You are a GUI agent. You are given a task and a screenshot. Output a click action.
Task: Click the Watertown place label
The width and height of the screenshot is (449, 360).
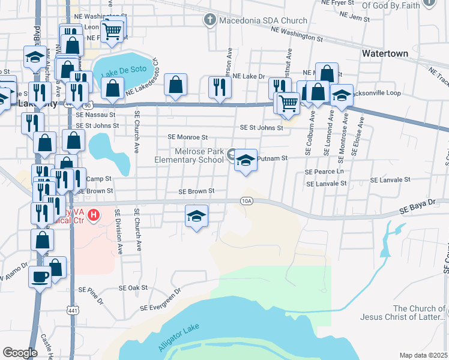tap(385, 53)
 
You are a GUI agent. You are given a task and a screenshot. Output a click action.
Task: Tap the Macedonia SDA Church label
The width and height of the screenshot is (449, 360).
tap(263, 20)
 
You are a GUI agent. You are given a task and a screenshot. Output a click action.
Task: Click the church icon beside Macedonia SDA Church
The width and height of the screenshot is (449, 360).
tap(209, 20)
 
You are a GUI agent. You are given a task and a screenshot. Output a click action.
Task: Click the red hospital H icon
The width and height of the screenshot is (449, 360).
tap(94, 214)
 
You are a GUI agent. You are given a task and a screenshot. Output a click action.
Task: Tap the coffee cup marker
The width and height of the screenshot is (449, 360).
tap(40, 277)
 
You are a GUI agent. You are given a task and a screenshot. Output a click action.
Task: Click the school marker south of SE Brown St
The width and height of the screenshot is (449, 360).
tap(196, 215)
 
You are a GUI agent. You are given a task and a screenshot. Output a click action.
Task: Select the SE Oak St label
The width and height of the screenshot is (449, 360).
tap(133, 288)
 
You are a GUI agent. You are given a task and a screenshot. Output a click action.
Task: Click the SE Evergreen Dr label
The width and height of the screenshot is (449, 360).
tap(161, 301)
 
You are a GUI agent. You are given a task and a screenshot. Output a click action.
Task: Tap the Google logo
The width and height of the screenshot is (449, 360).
tap(20, 352)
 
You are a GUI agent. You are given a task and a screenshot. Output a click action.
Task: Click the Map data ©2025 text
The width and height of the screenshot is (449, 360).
tap(423, 355)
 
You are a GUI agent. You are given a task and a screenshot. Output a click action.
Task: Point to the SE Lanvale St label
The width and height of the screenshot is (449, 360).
tap(390, 179)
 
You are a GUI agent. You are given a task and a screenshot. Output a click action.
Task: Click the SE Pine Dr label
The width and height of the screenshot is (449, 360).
tap(94, 295)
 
